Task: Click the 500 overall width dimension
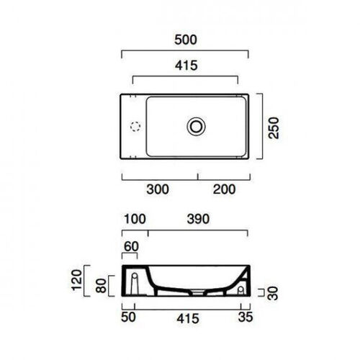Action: pos(186,40)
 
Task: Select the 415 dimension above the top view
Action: pos(186,66)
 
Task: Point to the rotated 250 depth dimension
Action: pos(274,128)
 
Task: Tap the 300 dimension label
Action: pos(158,189)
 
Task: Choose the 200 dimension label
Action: pos(224,189)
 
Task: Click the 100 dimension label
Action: pos(135,219)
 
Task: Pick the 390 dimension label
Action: pos(198,219)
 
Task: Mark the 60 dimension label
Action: pos(131,247)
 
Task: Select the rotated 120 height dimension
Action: pos(77,280)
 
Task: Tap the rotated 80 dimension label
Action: pos(101,286)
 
